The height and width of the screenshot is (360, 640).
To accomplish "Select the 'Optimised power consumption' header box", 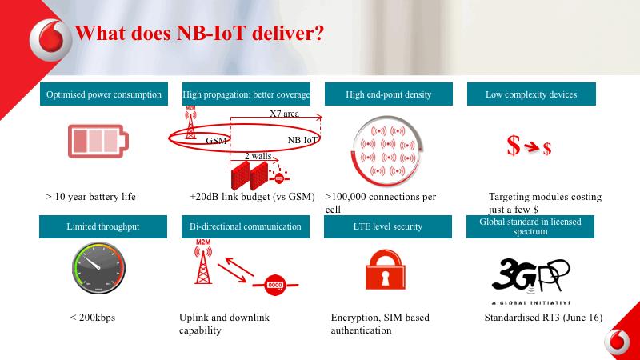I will point(104,94).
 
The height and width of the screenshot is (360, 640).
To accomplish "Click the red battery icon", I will point(96,142).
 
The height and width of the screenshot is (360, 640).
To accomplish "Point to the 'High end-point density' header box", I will point(388,94).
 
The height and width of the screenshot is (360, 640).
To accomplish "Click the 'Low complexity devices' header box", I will point(531,94).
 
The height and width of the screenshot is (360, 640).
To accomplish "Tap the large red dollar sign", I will point(514,146).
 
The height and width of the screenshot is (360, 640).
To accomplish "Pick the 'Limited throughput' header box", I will point(103,226).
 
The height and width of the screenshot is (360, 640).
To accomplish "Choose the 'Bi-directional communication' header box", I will point(246,226).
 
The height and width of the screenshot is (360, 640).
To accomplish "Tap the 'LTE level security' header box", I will point(388,226).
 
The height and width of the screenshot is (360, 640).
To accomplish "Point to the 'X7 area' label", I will point(284,114).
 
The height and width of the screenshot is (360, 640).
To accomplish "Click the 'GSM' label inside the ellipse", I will point(217,141).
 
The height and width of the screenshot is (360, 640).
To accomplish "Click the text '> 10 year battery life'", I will point(90,197).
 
